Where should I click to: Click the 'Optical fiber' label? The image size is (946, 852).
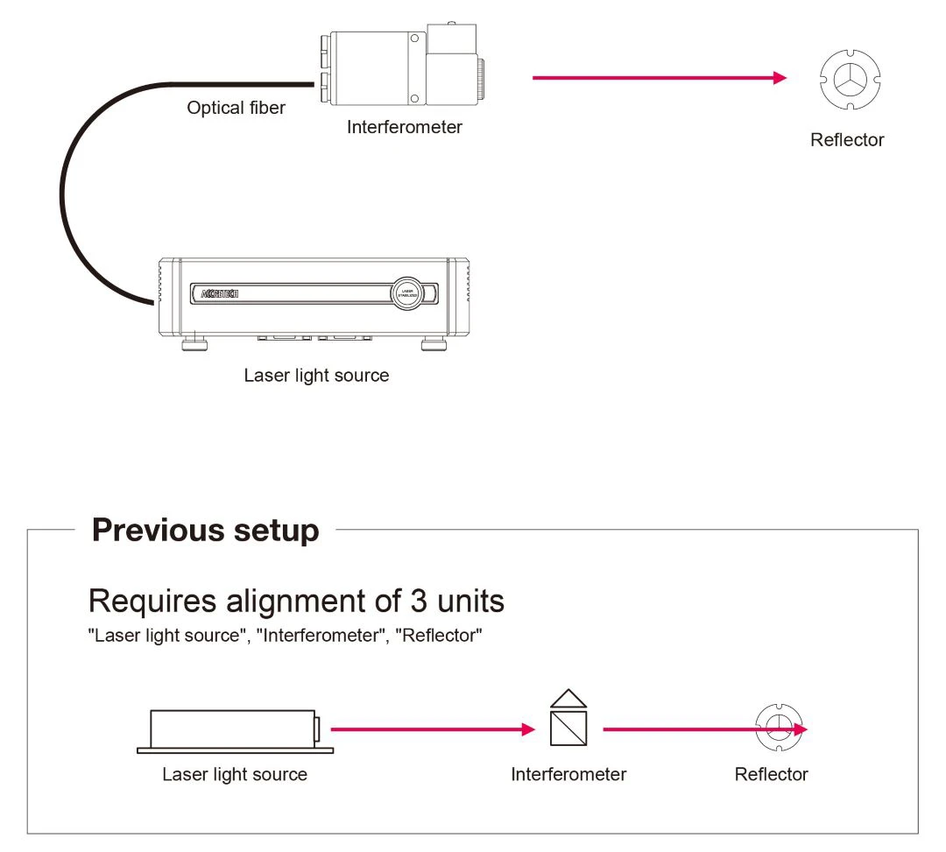(236, 109)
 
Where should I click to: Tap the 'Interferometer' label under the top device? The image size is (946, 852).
(404, 127)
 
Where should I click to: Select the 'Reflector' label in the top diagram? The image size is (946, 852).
(846, 140)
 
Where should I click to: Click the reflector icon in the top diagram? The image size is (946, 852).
(847, 80)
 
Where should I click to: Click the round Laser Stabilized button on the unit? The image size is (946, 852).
(406, 293)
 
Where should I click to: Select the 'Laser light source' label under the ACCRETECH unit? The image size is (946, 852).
(316, 376)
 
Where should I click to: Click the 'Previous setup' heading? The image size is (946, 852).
(205, 531)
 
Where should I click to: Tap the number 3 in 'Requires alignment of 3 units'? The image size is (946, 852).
(419, 602)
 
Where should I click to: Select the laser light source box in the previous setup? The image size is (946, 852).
(233, 729)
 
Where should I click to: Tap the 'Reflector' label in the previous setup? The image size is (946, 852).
(771, 774)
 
